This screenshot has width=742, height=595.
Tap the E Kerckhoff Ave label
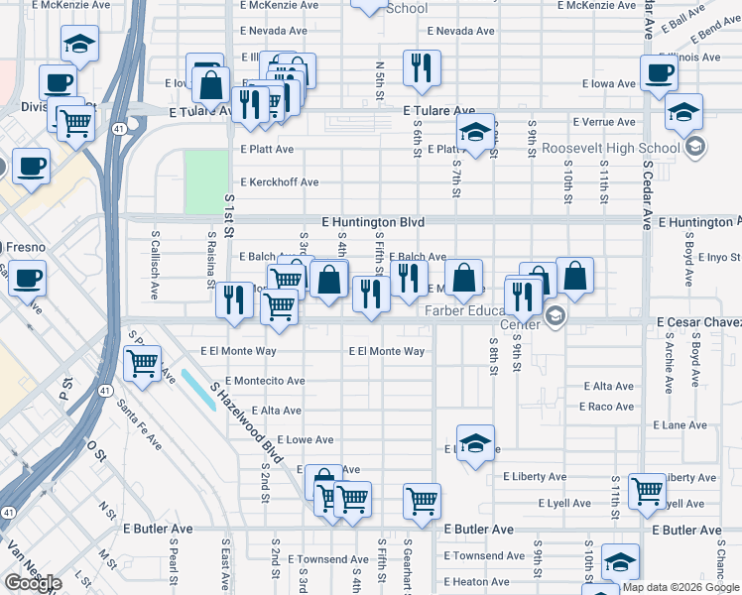point(280,182)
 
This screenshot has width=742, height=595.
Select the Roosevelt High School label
point(610,149)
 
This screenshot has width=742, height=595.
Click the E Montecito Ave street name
point(265,381)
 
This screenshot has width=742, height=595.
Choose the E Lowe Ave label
point(306,439)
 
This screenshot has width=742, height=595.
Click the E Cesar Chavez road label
point(698,322)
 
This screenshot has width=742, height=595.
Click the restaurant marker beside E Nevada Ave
point(422,67)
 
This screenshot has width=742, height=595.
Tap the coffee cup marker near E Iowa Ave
point(660,72)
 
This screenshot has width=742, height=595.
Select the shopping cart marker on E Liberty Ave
point(647,490)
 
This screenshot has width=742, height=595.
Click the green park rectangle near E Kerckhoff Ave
point(205,181)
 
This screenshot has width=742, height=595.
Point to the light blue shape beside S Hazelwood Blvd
point(197,389)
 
